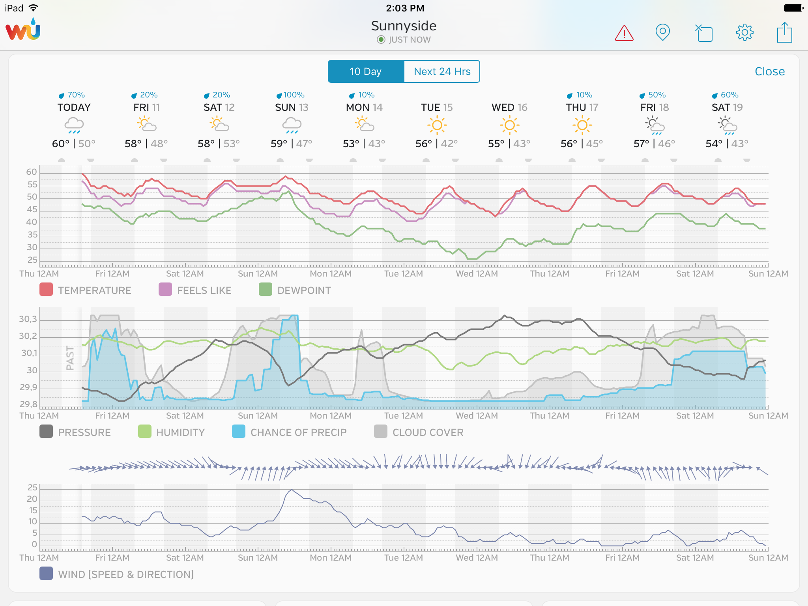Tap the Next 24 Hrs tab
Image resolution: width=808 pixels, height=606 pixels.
[x=442, y=71]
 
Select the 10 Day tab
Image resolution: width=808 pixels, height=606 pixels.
[x=366, y=71]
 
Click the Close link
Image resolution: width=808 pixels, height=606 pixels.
[x=769, y=71]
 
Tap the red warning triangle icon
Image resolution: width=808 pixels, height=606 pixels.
[x=624, y=33]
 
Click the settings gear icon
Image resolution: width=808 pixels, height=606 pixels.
[x=744, y=32]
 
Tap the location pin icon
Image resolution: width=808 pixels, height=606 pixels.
[x=662, y=32]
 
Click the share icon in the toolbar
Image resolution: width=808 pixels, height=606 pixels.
[x=784, y=32]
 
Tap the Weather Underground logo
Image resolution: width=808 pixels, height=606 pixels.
[x=23, y=30]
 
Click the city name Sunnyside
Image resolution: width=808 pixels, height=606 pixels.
[x=404, y=26]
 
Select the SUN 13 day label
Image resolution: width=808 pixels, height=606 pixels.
[x=292, y=107]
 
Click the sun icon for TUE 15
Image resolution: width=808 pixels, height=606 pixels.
[x=437, y=125]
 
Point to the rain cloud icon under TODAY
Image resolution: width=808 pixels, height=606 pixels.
[x=74, y=125]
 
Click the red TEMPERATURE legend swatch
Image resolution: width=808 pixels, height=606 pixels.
[x=46, y=290]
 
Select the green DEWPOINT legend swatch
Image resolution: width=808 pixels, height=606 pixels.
[x=266, y=290]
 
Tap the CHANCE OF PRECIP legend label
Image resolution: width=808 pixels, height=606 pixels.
[x=298, y=432]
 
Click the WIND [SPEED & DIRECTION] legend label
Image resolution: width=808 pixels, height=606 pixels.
[x=126, y=574]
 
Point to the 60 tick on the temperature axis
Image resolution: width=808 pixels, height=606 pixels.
[x=32, y=172]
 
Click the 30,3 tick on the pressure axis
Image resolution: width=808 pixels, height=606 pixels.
[x=28, y=319]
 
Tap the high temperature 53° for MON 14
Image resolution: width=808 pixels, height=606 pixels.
[x=351, y=144]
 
